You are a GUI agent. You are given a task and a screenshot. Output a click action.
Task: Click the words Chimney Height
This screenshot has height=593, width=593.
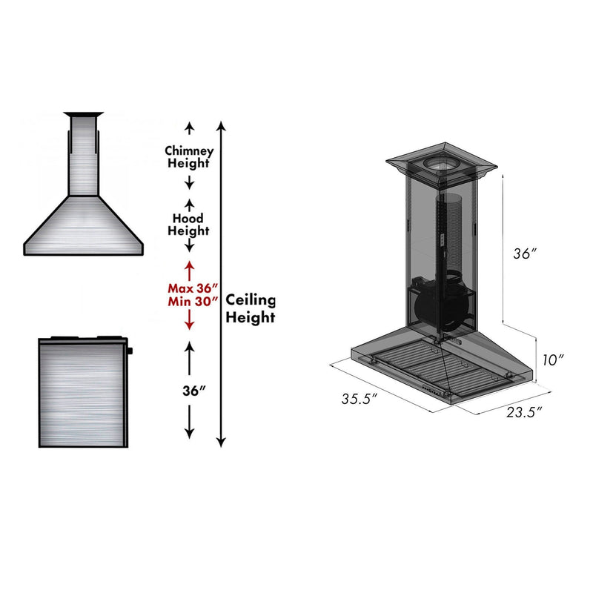[189, 156]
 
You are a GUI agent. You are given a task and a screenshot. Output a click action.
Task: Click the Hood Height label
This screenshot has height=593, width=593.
[190, 225]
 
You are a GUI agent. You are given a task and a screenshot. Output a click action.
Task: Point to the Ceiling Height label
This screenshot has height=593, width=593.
[251, 308]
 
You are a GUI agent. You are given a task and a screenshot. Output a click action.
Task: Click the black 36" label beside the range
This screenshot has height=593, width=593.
[190, 391]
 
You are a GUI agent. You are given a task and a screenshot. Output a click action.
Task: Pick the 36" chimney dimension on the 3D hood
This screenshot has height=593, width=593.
[524, 254]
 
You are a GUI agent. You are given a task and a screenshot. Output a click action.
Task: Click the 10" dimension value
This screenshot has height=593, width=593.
[553, 360]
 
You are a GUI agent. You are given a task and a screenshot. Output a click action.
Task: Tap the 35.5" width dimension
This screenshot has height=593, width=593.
[360, 399]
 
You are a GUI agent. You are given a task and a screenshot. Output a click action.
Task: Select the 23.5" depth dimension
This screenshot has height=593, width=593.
[524, 412]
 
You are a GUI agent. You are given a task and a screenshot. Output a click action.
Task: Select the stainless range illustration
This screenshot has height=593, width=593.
[82, 391]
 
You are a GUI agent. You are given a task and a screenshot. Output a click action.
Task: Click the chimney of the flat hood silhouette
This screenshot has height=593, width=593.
[82, 156]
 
